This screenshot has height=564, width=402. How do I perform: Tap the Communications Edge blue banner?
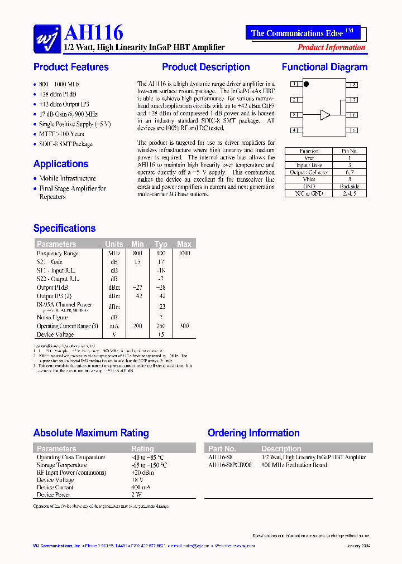coord(303,33)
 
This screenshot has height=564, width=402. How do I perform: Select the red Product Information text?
coord(331,47)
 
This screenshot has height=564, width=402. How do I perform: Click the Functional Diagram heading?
coord(324,67)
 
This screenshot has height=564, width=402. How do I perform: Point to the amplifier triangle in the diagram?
coord(325,115)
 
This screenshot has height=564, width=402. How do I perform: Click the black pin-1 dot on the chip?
coord(306,85)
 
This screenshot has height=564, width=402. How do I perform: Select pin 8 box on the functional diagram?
coord(353,85)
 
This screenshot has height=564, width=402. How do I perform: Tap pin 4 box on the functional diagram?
coord(294,130)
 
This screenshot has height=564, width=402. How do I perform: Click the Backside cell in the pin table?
coord(350,186)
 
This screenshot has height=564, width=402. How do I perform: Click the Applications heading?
coord(61,164)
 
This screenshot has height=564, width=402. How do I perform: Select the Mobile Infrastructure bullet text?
coord(68,178)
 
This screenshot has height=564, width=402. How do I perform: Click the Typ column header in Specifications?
coord(161,244)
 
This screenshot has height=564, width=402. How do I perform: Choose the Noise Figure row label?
coord(52,317)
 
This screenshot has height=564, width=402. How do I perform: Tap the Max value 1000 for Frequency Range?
coord(184,253)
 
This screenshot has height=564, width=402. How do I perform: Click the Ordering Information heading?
coord(253,433)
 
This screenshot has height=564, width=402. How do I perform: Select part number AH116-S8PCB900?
coord(229,465)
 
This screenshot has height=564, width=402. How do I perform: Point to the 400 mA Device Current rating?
coord(141,487)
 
